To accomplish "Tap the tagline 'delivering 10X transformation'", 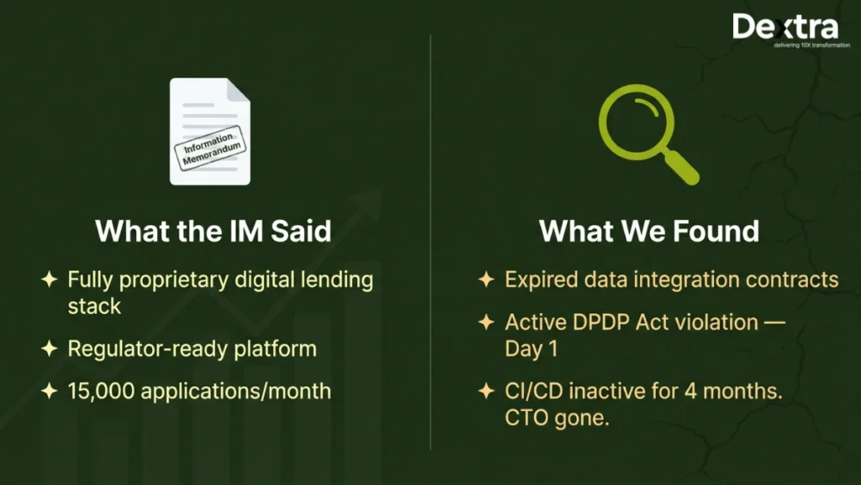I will [x=811, y=45].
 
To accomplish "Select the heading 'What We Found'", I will [x=648, y=231].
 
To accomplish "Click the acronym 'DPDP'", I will [x=602, y=322].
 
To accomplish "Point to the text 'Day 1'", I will [x=531, y=349].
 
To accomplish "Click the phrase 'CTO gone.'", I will [x=557, y=418].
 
